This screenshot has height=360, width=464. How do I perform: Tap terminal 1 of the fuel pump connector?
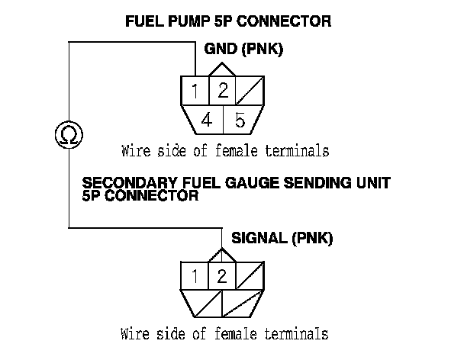(x=195, y=92)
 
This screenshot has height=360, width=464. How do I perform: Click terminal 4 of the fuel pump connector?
(x=207, y=120)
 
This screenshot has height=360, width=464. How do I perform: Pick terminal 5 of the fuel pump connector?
(x=239, y=120)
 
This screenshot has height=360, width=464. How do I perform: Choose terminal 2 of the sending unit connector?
(x=221, y=275)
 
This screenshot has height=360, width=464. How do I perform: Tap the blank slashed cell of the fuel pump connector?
(x=250, y=92)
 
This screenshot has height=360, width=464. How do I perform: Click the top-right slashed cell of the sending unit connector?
(x=249, y=275)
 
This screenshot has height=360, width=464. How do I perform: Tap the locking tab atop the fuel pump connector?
(x=222, y=69)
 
